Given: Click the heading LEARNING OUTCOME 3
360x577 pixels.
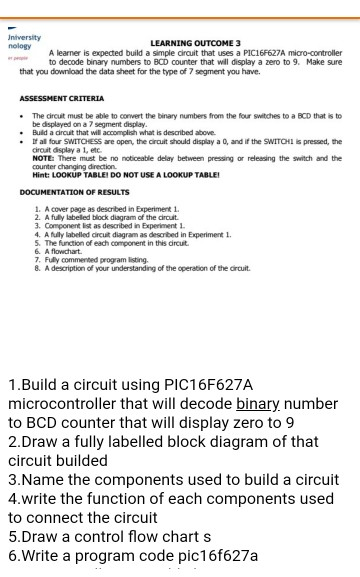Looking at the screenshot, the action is coord(195,44).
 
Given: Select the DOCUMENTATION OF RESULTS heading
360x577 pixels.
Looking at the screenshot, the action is coord(74,190).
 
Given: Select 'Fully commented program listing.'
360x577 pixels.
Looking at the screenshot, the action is coord(94,261).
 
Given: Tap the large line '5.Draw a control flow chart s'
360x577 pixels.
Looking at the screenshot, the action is coord(109,536).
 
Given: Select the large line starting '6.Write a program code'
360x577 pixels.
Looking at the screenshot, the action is coord(132,555).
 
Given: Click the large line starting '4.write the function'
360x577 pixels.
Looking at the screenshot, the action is coord(170,498).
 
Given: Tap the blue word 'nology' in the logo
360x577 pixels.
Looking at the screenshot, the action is coord(19,47).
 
